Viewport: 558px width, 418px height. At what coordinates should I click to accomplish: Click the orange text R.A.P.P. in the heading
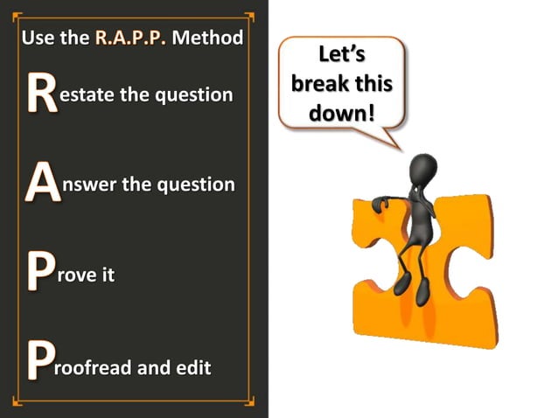click(130, 38)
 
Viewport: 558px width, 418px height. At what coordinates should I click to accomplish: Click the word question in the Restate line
click(193, 95)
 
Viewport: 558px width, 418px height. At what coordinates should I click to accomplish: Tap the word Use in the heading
click(37, 38)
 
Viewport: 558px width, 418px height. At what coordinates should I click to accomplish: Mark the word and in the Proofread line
click(152, 367)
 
